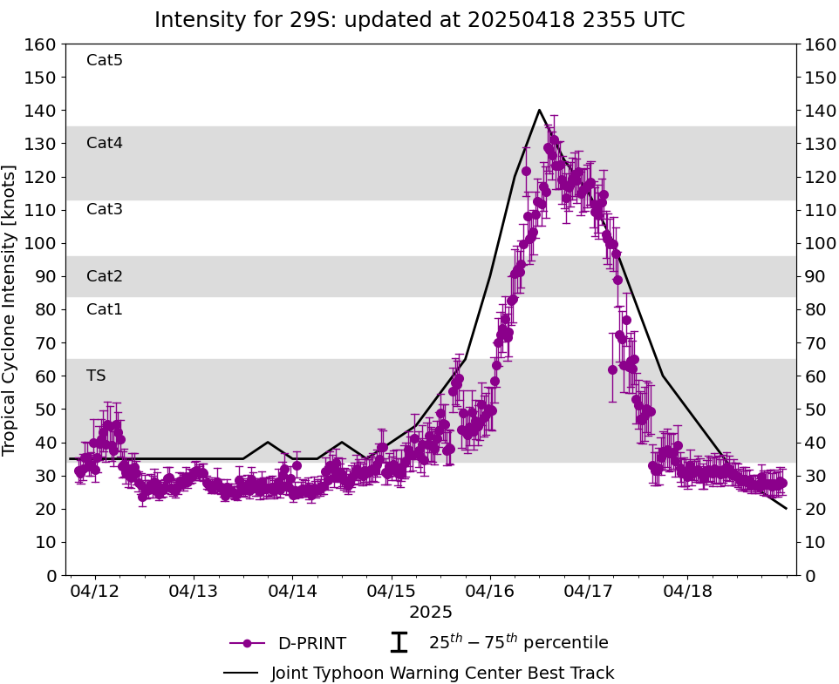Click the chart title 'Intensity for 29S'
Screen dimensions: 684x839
419,20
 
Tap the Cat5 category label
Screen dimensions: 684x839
105,60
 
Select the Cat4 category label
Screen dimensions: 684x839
105,143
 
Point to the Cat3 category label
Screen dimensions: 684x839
105,209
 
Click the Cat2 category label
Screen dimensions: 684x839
105,276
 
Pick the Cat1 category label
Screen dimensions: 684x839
105,309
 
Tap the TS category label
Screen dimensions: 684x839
96,376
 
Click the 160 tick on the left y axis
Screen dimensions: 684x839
42,44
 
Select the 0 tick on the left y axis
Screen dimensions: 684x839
52,575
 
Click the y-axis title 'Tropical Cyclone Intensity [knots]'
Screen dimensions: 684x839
10,309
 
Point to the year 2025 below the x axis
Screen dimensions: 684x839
431,612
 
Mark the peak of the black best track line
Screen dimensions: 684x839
539,110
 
